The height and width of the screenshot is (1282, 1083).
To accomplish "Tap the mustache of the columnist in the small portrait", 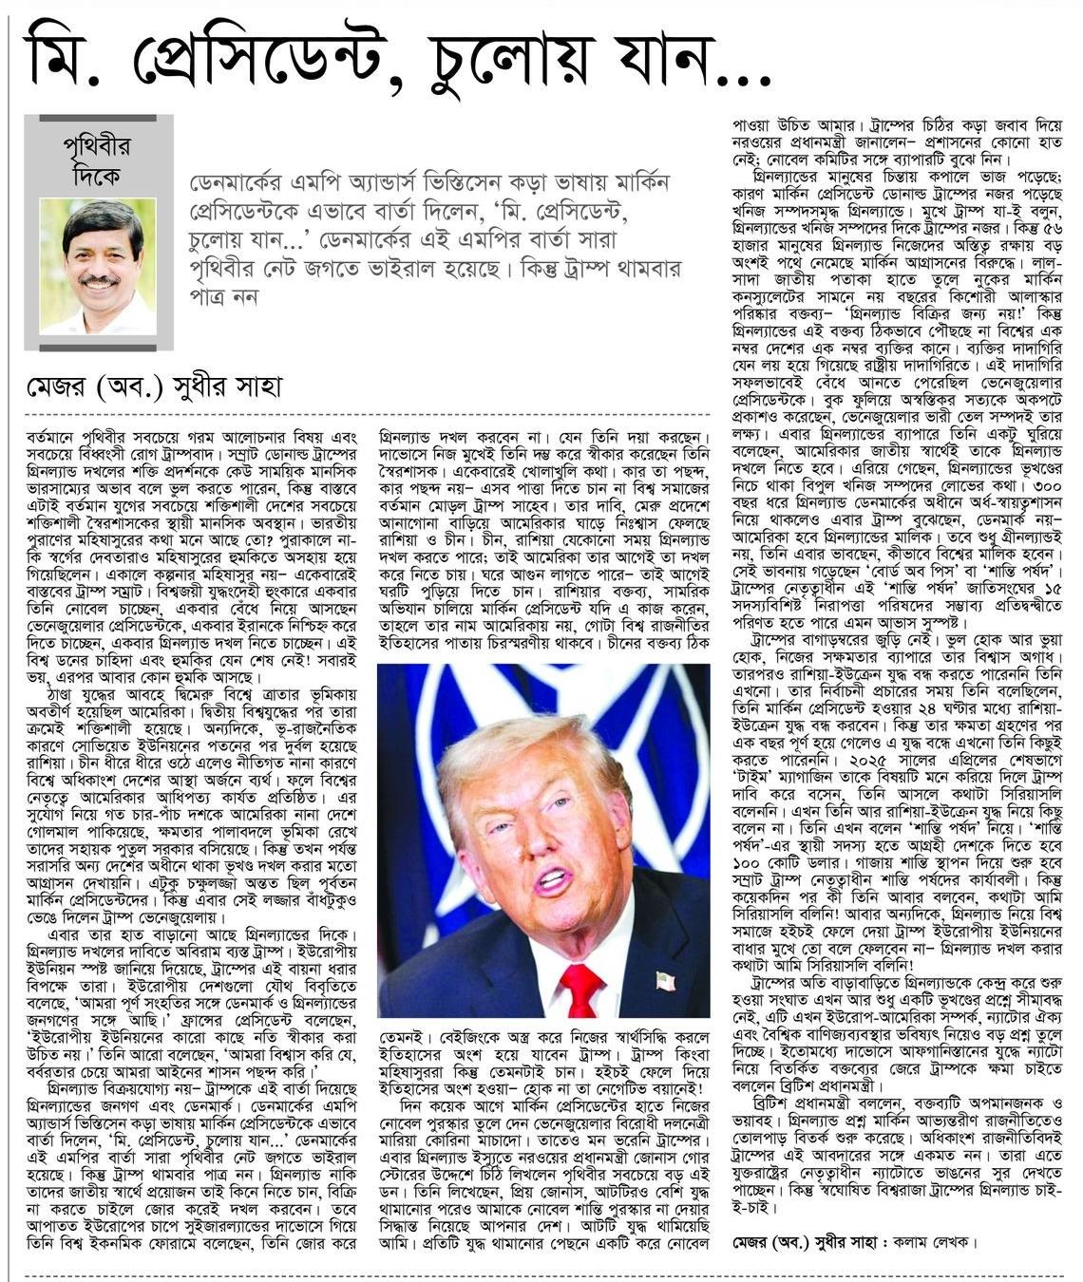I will click(x=98, y=282).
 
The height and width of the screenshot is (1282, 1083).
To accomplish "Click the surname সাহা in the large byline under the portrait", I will click(x=253, y=387).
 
